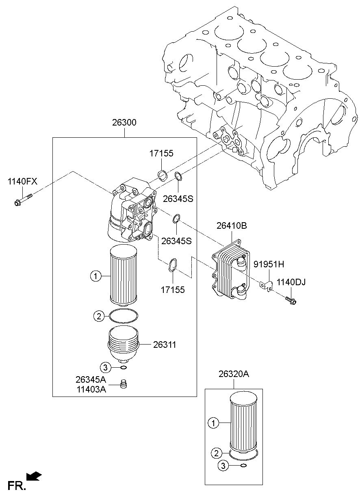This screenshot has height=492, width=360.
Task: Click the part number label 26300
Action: (125, 122)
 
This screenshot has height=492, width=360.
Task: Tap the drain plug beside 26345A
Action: (125, 384)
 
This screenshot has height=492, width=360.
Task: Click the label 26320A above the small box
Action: (234, 375)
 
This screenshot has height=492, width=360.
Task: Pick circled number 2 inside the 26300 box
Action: (98, 316)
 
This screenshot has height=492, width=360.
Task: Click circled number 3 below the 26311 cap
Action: (106, 368)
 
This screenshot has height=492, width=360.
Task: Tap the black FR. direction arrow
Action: (34, 475)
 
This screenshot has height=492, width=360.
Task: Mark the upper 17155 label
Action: (161, 153)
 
